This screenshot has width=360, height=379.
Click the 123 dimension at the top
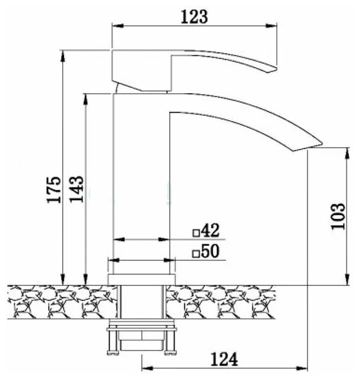[x=194, y=17]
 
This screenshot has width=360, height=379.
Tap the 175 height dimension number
[x=54, y=190]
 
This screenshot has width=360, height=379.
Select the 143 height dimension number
[x=76, y=189]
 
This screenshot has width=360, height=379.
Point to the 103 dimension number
[x=338, y=217]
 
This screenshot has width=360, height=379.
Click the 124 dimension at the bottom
[x=224, y=360]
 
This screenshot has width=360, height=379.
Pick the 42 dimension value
[x=210, y=230]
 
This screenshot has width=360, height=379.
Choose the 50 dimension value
[x=210, y=251]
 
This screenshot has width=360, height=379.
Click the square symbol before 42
[x=196, y=233]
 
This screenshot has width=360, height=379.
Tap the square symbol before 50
[x=196, y=254]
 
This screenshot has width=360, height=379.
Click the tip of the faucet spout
[x=322, y=144]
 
